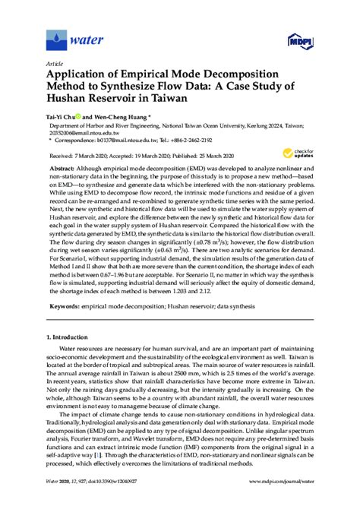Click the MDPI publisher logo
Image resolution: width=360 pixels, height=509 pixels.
click(298, 40)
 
